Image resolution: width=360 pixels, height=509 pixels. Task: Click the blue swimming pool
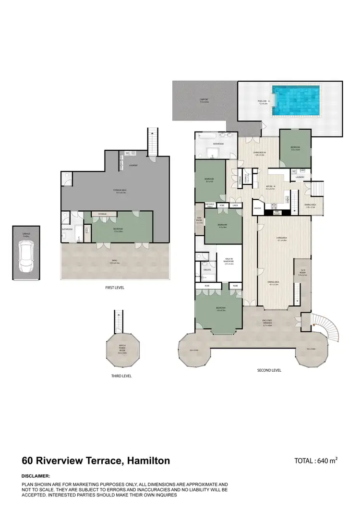[x=295, y=101]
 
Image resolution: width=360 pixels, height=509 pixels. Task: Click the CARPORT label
[x=204, y=101]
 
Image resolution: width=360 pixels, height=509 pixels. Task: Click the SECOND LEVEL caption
[x=269, y=370]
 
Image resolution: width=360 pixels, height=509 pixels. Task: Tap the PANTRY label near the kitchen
[x=258, y=208]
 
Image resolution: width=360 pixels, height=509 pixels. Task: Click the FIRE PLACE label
[x=276, y=212]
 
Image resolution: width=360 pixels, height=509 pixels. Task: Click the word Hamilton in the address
[x=147, y=461]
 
